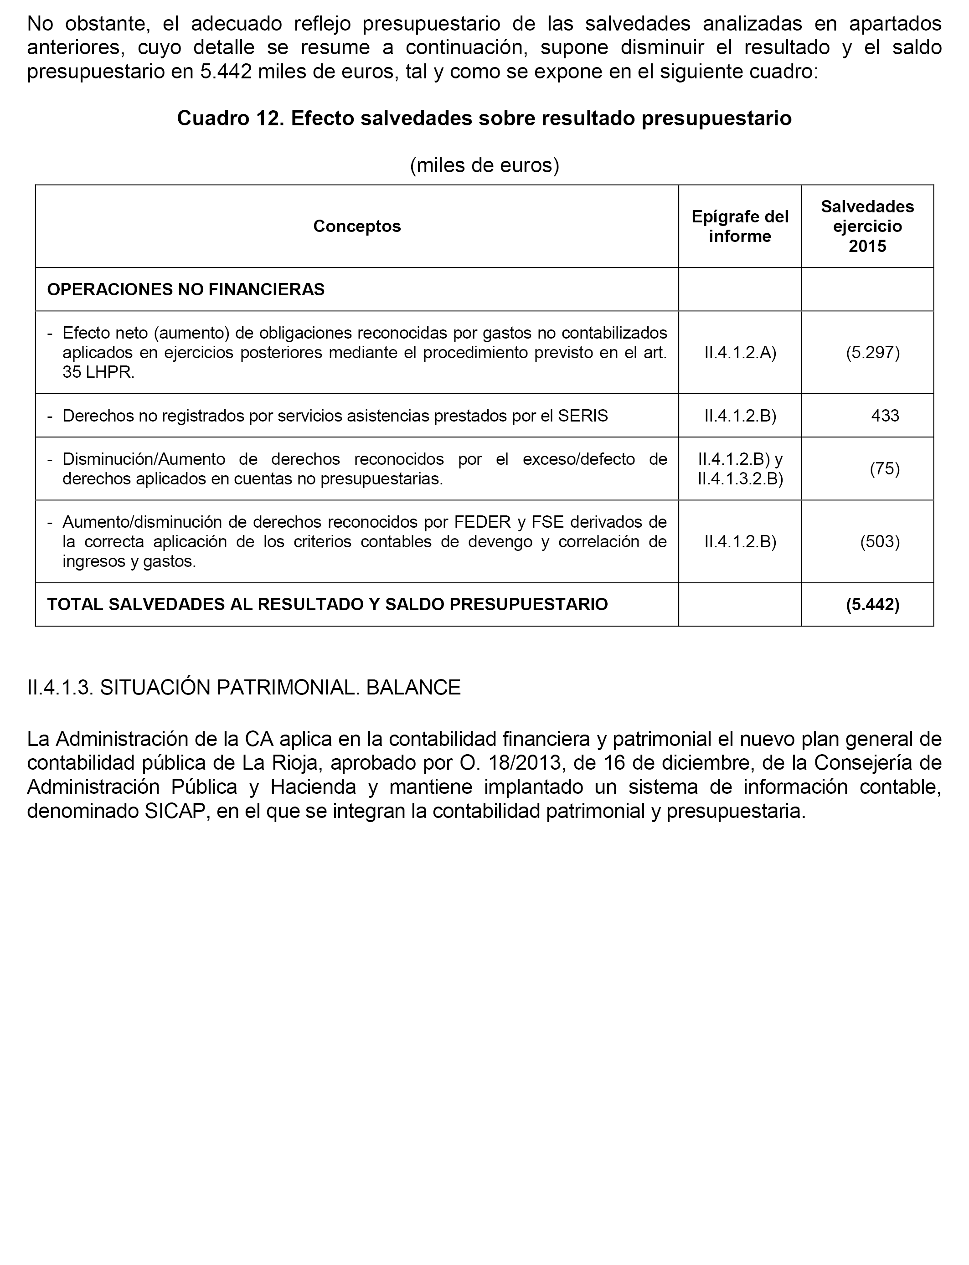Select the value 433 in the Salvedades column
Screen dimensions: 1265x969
point(885,416)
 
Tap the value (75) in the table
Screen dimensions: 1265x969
point(885,469)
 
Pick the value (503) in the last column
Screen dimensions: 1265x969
point(880,541)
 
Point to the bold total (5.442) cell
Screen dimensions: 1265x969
point(872,604)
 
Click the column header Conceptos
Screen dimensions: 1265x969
point(357,226)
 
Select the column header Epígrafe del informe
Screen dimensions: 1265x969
point(740,226)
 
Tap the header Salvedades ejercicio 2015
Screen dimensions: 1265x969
point(867,226)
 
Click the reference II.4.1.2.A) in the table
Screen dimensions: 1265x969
point(740,352)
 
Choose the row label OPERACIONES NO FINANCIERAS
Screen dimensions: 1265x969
point(186,289)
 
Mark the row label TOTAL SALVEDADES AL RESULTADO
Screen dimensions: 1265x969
point(327,604)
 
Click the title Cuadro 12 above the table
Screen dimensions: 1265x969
point(484,118)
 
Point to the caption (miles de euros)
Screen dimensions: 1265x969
point(484,165)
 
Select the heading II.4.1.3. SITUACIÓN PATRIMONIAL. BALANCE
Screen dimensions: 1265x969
point(244,687)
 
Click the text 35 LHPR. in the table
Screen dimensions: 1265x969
point(98,372)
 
